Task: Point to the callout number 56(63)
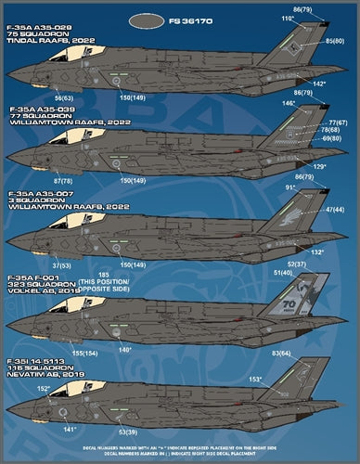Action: coord(64,97)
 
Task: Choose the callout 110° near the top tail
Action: coord(288,19)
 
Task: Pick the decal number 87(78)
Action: coord(64,181)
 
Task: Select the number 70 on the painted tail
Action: coord(314,303)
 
